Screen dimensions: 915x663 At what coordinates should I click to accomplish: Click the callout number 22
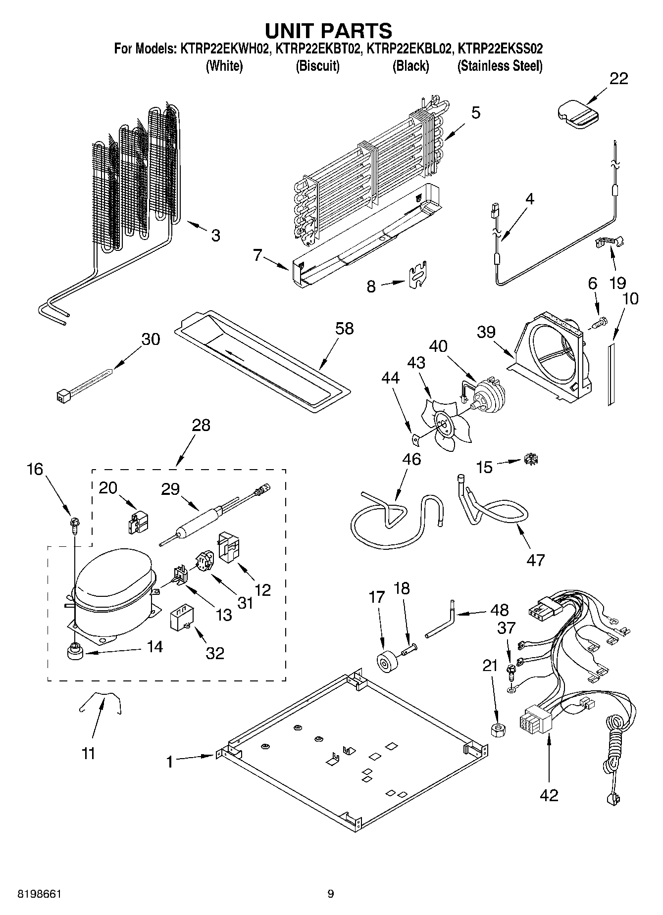coord(618,79)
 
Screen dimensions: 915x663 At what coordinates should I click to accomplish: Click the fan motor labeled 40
coord(489,393)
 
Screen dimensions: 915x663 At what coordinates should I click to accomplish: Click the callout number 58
coord(345,329)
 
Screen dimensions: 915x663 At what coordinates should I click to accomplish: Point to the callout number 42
coord(549,795)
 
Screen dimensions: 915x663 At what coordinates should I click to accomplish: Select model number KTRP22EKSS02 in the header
coord(500,49)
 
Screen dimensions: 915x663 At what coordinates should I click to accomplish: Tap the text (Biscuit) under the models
coord(317,66)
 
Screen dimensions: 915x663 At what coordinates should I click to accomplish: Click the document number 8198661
coord(33,894)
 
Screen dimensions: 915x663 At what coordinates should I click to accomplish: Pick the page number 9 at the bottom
coord(331,894)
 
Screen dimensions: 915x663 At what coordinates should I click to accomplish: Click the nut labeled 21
coord(498,730)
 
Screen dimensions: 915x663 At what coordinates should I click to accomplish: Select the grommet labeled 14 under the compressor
coord(75,652)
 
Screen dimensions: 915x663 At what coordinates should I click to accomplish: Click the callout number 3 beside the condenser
coord(215,236)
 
